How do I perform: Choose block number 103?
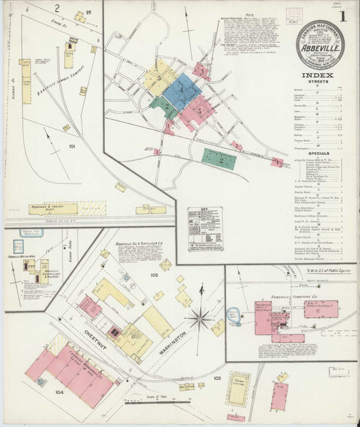click(217, 377)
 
